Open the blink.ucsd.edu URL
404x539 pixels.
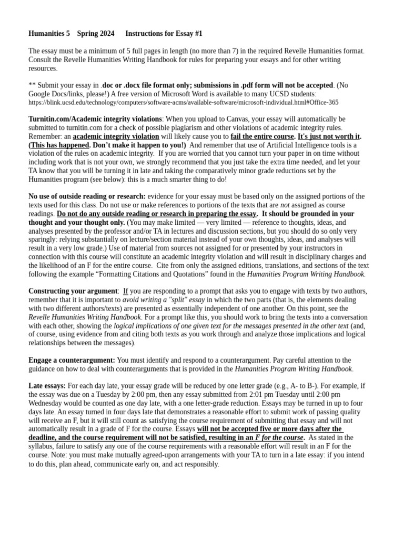tap(183, 103)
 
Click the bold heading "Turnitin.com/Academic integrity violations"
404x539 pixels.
tap(95, 119)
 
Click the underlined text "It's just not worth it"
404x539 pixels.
tap(328, 136)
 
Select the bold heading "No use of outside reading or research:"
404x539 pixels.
tap(87, 196)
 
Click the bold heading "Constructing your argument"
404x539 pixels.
tap(73, 291)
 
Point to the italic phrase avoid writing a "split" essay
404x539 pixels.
tap(164, 300)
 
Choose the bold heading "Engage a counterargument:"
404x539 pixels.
tap(72, 360)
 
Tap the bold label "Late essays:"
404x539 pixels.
tap(47, 386)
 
